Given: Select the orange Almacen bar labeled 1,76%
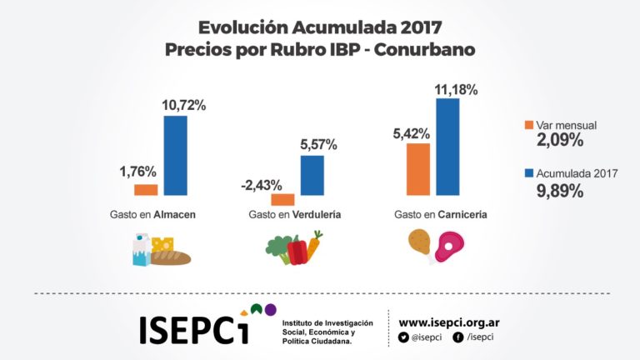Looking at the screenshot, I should [x=146, y=189].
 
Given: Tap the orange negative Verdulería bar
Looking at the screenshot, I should [x=282, y=199].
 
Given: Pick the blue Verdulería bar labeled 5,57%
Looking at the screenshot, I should [x=312, y=175].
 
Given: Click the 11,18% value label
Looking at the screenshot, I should [x=456, y=90].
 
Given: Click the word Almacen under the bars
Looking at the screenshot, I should [x=175, y=215].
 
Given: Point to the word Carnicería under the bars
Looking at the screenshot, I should [x=464, y=215].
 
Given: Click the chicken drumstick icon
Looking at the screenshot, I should [x=419, y=243].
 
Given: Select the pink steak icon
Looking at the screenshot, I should [x=451, y=246].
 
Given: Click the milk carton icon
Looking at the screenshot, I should [x=142, y=248].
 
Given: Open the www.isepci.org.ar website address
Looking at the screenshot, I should [x=449, y=322].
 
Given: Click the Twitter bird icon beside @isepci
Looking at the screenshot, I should [x=403, y=337].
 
